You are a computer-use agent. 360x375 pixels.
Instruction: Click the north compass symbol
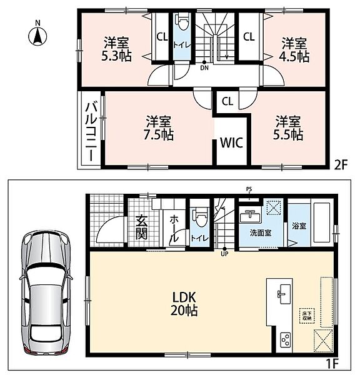[x=37, y=36]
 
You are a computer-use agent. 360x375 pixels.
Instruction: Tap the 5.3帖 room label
[x=116, y=49]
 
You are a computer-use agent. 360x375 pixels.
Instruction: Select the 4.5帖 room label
[x=294, y=50]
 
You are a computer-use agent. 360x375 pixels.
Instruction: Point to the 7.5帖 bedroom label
[x=159, y=128]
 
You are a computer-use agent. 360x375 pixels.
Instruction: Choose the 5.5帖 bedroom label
[x=288, y=128]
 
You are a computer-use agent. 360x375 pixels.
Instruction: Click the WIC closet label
[x=231, y=142]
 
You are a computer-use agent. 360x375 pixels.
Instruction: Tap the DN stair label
[x=204, y=68]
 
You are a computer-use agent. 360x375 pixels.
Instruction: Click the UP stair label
[x=224, y=254]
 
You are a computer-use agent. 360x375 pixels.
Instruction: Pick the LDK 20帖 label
[x=184, y=304]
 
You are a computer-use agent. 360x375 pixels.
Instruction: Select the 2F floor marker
[x=341, y=164]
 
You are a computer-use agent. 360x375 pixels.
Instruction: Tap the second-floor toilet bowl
[x=182, y=21]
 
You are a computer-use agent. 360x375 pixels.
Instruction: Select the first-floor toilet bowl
[x=199, y=217]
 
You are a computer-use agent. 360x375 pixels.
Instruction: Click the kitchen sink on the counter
[x=284, y=294]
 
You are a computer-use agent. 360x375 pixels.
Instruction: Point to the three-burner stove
[x=286, y=339]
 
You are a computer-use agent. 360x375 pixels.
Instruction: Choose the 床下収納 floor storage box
[x=307, y=316]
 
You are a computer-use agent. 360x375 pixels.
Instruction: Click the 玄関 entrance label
[x=141, y=227]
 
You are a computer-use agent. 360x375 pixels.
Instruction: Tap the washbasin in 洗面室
[x=250, y=216]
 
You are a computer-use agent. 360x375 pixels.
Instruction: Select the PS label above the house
[x=249, y=189]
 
